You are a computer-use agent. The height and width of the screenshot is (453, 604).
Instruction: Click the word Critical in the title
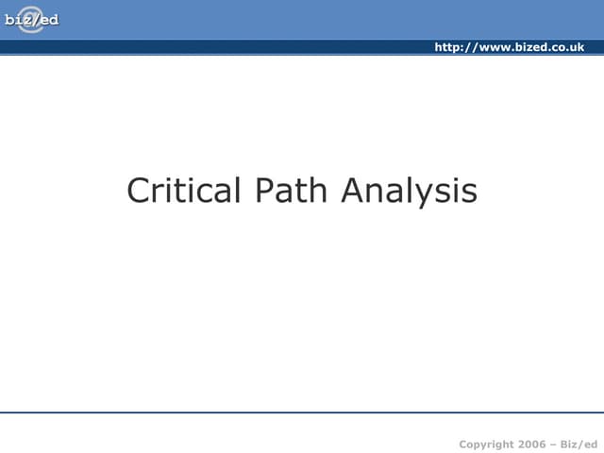click(x=184, y=191)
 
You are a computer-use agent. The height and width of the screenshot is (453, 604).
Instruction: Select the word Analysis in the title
click(x=409, y=191)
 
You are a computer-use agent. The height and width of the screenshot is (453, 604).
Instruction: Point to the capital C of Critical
click(x=138, y=191)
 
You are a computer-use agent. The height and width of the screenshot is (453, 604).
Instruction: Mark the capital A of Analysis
click(x=353, y=191)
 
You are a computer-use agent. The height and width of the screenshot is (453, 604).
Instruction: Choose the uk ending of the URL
click(x=577, y=47)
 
